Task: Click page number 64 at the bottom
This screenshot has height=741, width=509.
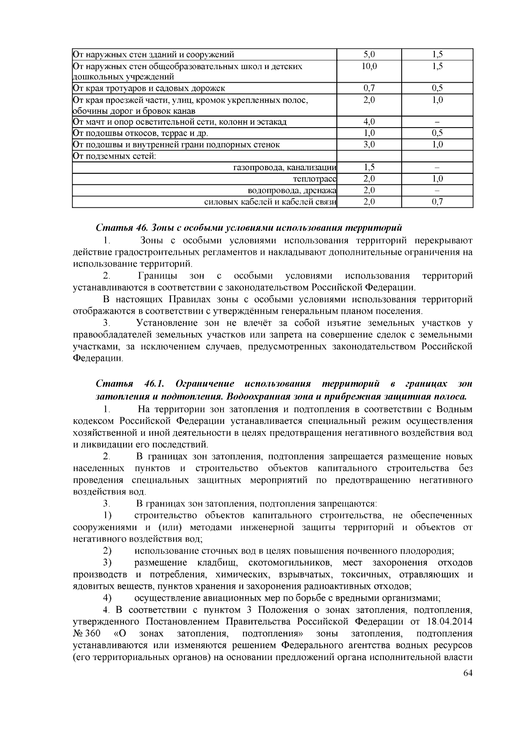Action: pos(467,674)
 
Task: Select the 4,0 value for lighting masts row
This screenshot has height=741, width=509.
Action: pos(369,122)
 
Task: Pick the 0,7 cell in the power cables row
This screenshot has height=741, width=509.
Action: pos(437,202)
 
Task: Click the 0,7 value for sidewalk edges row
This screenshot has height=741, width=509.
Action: pos(369,88)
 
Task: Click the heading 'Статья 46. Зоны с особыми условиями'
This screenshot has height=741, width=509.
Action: pos(249,228)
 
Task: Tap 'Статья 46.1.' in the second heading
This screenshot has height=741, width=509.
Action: pos(130,384)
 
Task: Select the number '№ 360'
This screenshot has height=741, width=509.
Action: pos(87,634)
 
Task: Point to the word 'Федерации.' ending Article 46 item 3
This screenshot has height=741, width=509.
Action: pos(98,359)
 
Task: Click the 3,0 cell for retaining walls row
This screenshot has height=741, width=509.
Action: pos(369,145)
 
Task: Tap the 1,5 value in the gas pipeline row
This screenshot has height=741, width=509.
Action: pos(369,168)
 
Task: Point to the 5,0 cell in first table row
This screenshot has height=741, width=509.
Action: pos(369,55)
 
